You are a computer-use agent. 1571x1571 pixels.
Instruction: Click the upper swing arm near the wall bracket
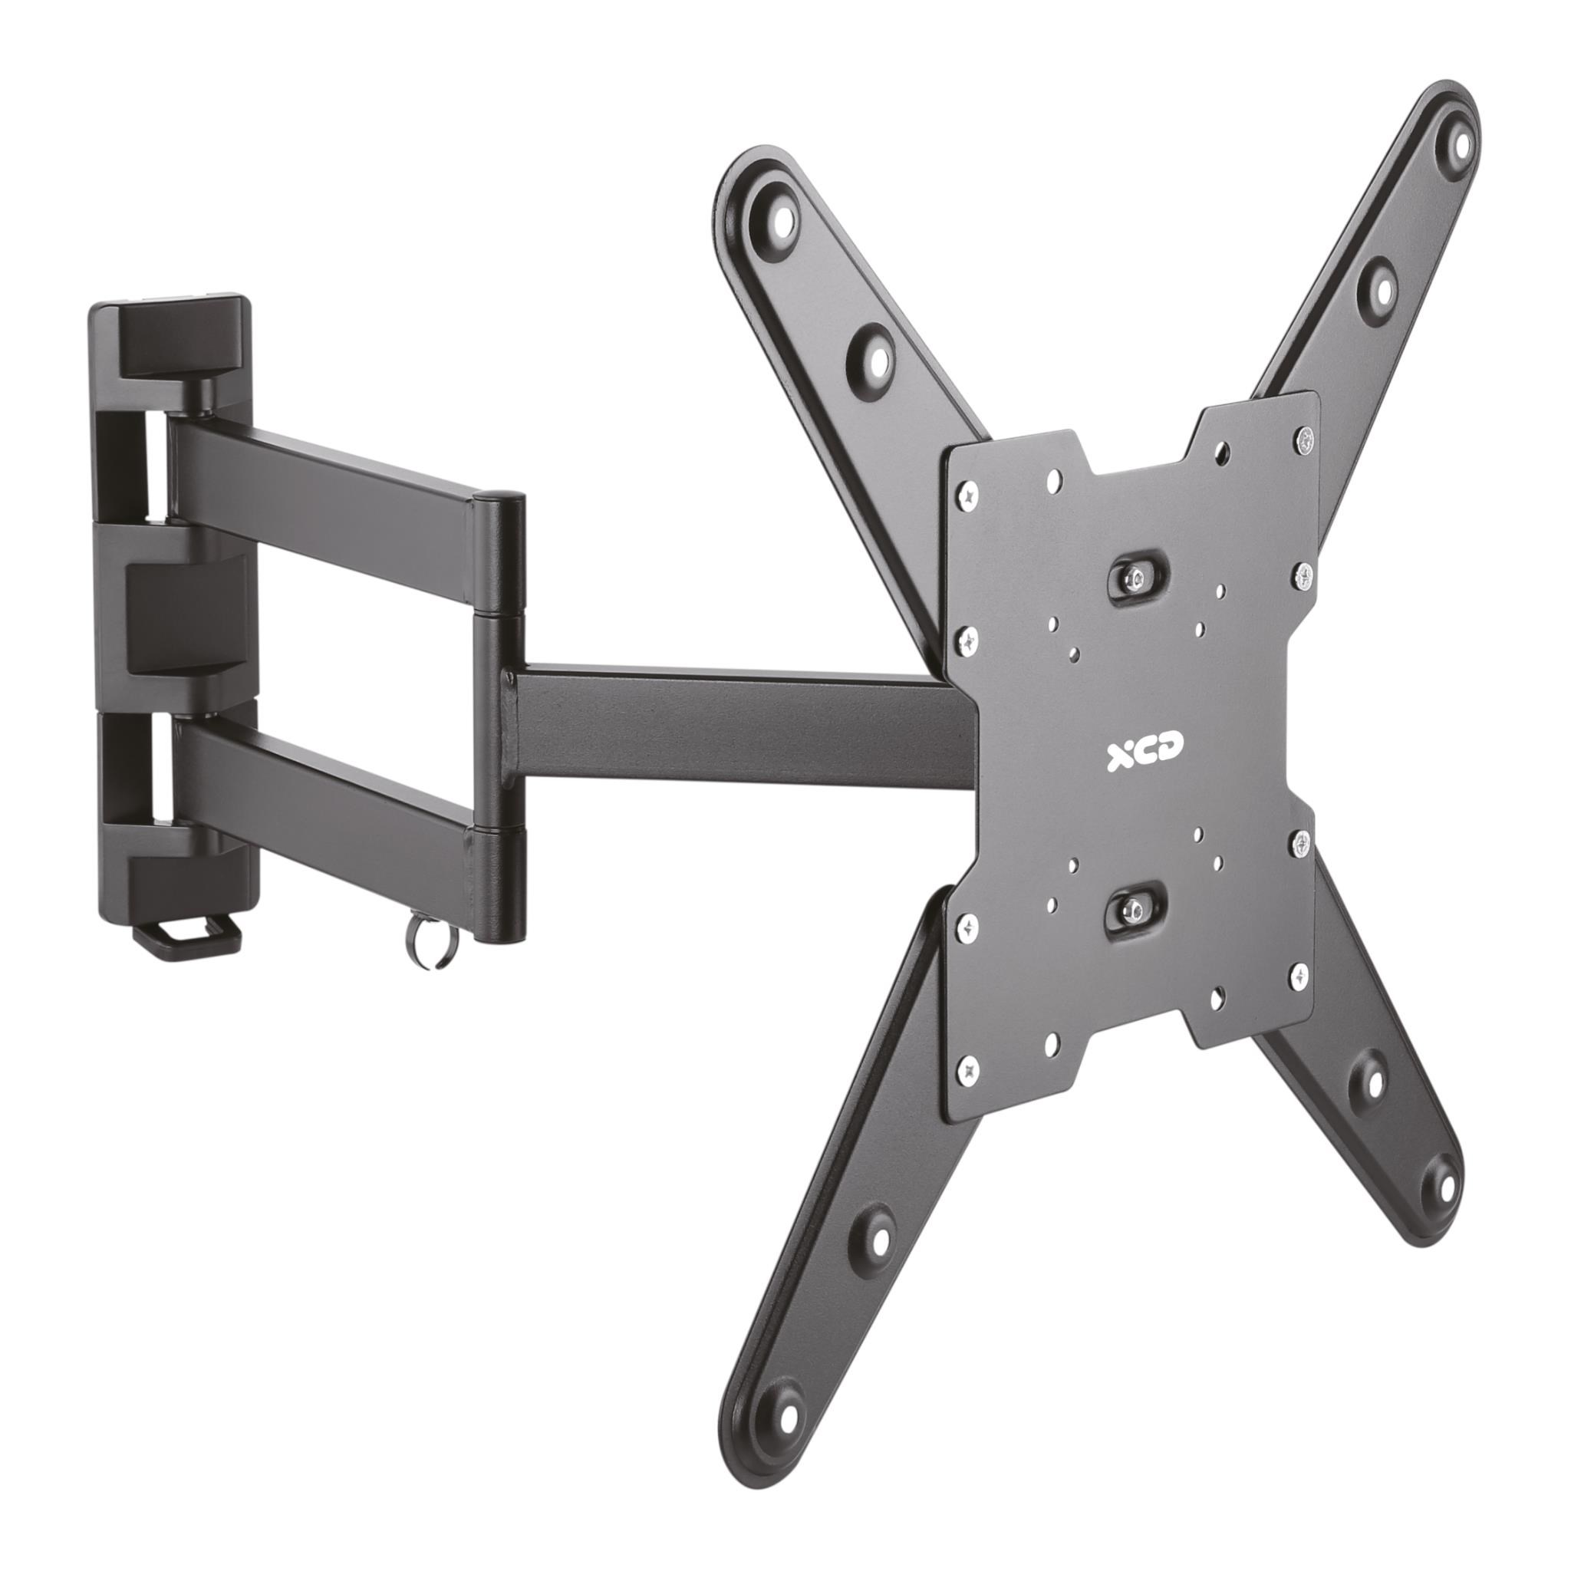(x=325, y=488)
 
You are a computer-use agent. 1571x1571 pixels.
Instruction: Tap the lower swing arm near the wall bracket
(x=325, y=793)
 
